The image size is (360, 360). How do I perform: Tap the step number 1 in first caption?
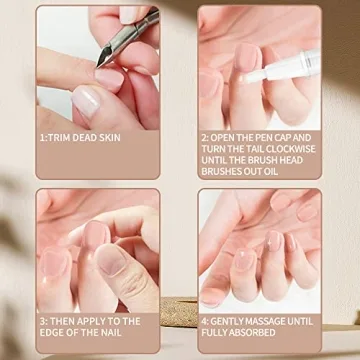(42, 137)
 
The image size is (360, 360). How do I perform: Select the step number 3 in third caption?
(42, 322)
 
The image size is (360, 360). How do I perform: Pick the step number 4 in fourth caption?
(203, 322)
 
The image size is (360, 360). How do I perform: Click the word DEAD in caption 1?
(88, 137)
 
